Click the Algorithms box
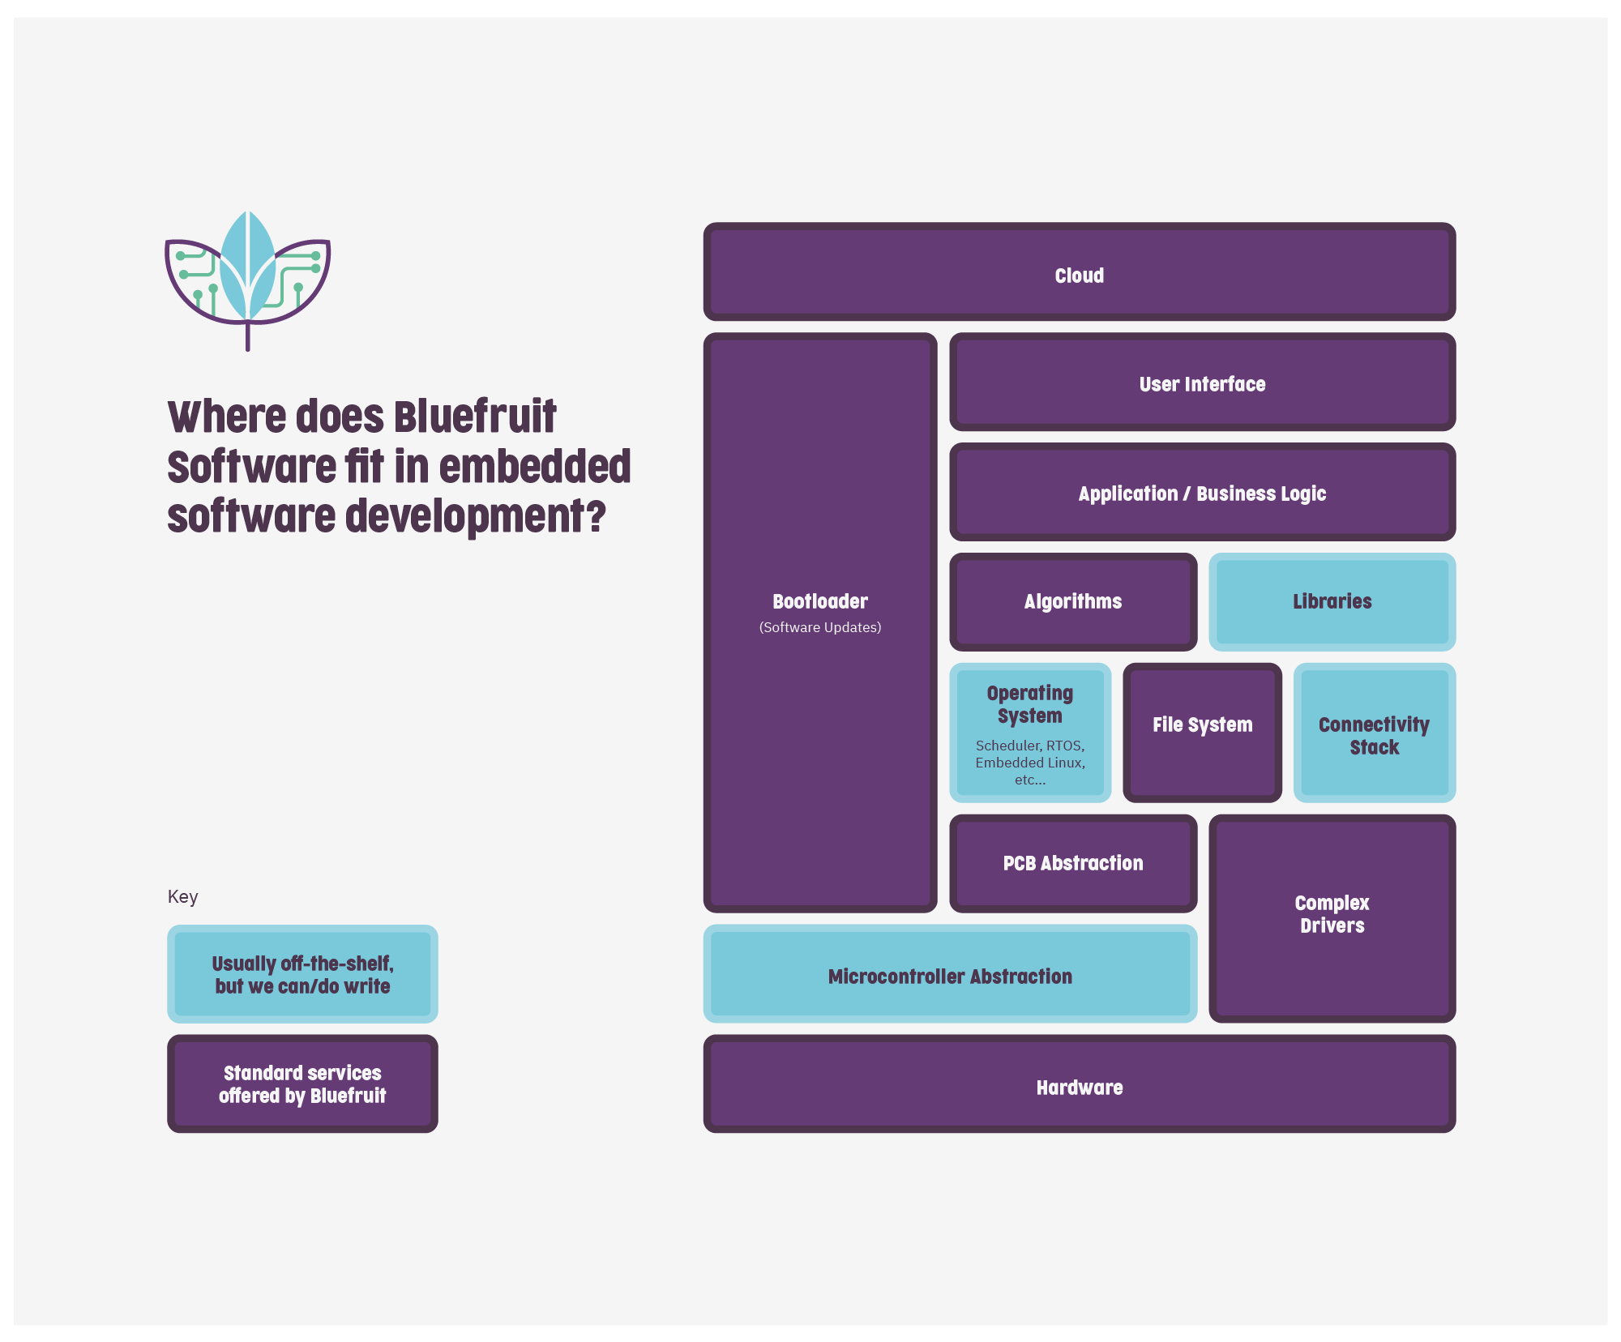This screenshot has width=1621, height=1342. click(1072, 601)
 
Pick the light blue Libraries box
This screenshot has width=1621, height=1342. click(1332, 601)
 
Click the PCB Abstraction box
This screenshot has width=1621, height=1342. click(1072, 863)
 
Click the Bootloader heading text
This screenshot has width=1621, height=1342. click(819, 601)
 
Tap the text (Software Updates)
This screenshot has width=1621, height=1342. click(819, 627)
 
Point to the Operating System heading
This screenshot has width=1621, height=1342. click(1029, 704)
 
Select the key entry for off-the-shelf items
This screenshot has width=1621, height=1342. click(302, 974)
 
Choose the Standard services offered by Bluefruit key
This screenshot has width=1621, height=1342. click(302, 1083)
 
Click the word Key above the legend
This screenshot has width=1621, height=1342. click(182, 896)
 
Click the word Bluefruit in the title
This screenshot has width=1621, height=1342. click(475, 417)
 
